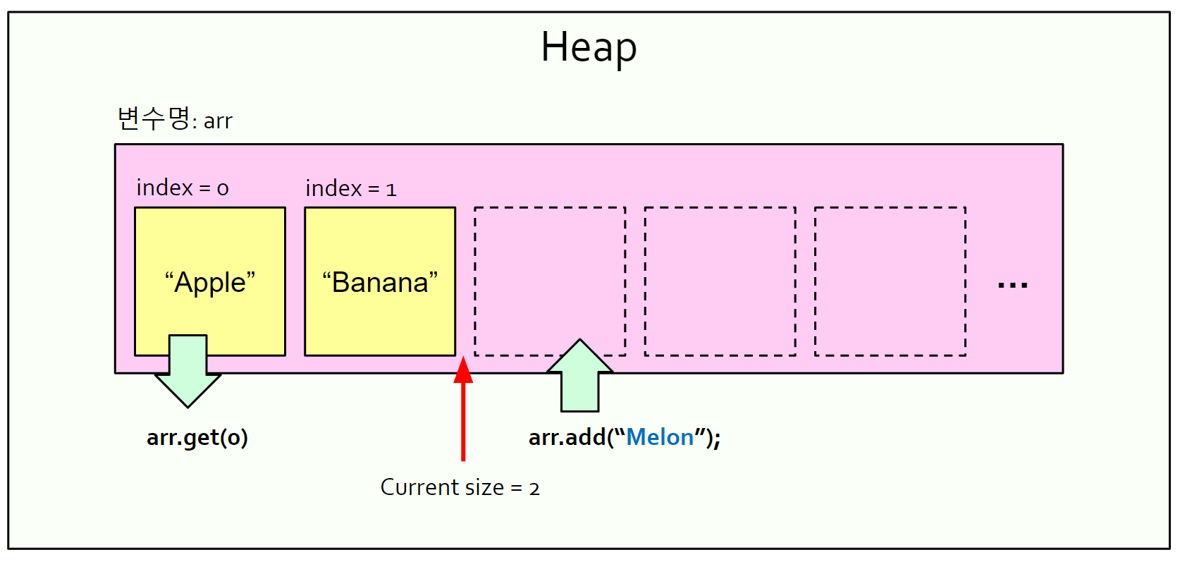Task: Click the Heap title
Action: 589,47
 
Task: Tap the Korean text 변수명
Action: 153,118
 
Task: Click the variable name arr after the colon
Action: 218,121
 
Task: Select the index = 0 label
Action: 182,188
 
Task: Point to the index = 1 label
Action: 350,188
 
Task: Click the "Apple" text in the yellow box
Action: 210,282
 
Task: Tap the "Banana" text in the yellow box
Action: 380,282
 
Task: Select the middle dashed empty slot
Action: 720,281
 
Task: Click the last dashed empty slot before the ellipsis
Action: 890,281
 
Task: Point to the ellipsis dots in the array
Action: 1012,286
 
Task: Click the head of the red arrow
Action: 463,371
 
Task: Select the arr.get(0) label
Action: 197,438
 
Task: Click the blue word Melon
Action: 660,438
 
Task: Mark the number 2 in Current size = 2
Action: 534,489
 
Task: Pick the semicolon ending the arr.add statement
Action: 717,439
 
